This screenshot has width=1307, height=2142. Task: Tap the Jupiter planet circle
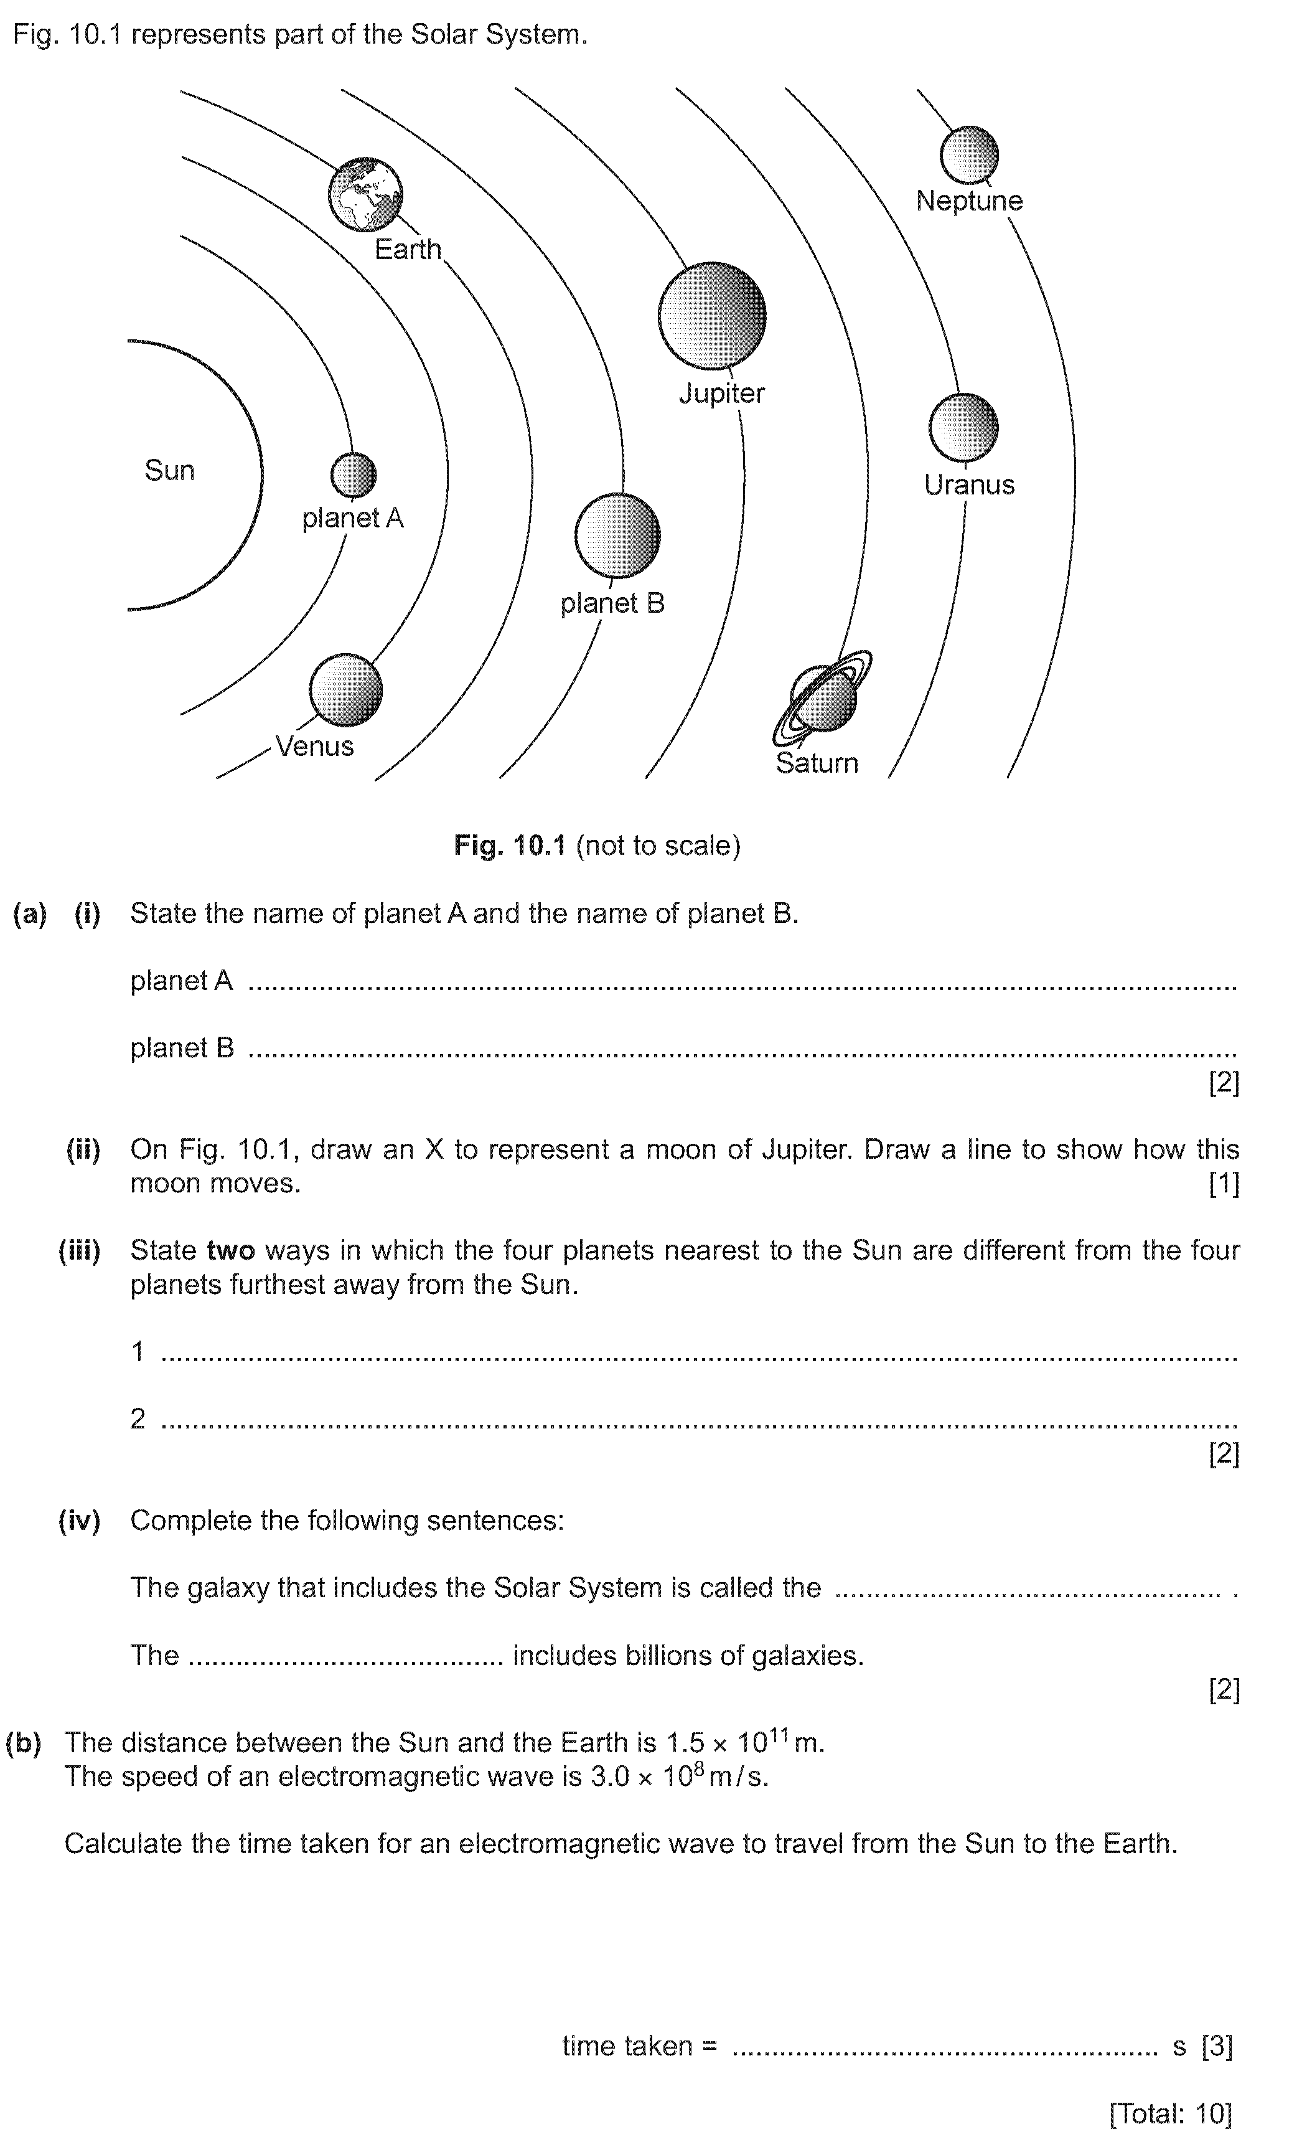712,316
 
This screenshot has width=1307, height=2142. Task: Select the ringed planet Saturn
822,698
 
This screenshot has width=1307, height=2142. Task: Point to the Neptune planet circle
969,155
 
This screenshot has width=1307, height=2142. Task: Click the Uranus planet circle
963,428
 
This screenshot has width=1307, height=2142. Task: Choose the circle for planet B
617,535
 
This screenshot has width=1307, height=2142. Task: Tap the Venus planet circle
346,691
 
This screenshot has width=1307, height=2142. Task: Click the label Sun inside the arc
169,470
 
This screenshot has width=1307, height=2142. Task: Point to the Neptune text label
969,201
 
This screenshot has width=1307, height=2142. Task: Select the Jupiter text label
721,393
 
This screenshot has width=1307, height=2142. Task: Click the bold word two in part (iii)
230,1250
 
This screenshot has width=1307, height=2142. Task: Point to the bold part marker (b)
24,1742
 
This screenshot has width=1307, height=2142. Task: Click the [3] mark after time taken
1217,2045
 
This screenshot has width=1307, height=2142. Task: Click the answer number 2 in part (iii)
138,1418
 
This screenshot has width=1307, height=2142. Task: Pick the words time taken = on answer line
640,2045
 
